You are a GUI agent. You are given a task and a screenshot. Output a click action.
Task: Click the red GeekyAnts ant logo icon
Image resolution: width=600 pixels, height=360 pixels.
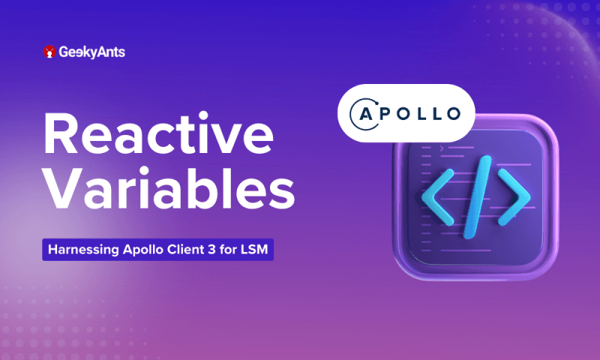(x=50, y=52)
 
